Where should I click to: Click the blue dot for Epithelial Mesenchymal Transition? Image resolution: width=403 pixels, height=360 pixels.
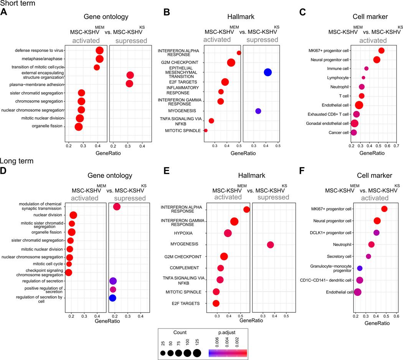(x=268, y=72)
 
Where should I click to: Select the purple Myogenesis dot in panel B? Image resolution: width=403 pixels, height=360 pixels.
(x=258, y=111)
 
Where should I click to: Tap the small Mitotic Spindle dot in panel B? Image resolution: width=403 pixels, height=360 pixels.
(x=206, y=131)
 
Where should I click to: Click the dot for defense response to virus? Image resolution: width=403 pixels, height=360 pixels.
(x=99, y=50)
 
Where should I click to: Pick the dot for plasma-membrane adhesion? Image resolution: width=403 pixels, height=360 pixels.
(x=129, y=84)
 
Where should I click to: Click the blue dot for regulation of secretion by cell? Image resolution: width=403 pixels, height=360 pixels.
(x=112, y=298)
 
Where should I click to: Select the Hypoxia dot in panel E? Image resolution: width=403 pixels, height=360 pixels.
(x=228, y=233)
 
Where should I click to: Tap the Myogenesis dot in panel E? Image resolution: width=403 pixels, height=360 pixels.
(x=270, y=245)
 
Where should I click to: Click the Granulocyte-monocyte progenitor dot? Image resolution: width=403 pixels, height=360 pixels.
(x=360, y=268)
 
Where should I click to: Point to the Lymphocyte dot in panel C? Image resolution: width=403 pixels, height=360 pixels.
(x=363, y=78)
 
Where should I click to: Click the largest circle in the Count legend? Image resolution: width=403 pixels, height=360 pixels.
(x=197, y=352)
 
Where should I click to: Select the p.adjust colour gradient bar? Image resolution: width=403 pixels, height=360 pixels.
(x=228, y=352)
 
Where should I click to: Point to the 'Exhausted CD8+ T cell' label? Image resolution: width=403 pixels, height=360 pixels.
(x=327, y=114)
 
